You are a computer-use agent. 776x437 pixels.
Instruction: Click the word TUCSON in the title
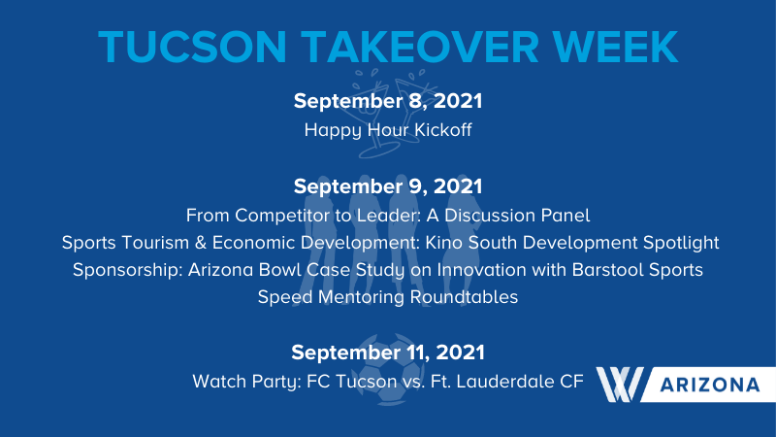click(x=192, y=47)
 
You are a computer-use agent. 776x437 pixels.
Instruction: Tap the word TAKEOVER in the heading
click(x=420, y=47)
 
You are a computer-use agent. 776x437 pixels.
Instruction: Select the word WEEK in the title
click(x=615, y=47)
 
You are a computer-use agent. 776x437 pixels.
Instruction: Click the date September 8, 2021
click(x=388, y=101)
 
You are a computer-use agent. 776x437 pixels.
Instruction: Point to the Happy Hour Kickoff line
click(x=388, y=130)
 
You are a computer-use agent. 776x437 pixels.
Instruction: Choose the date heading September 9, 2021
click(x=388, y=186)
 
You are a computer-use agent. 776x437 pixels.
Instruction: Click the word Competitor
click(x=286, y=216)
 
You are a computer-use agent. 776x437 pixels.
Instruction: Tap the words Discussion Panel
click(x=517, y=216)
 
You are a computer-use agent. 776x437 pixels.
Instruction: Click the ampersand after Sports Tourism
click(x=201, y=243)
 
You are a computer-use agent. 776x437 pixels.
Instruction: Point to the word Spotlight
click(x=681, y=244)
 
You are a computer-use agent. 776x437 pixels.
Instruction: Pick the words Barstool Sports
click(x=637, y=270)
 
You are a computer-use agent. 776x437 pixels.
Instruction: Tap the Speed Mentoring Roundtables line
click(x=388, y=297)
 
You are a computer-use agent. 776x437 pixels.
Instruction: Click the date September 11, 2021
click(x=388, y=353)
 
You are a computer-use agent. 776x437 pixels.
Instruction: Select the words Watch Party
click(x=246, y=382)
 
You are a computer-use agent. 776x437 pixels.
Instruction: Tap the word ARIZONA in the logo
click(x=710, y=385)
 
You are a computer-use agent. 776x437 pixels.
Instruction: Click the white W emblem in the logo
click(x=620, y=385)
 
